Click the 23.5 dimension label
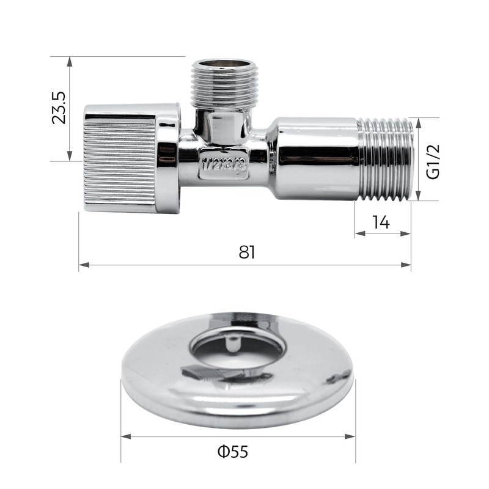coord(59,108)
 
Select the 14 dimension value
coord(381,221)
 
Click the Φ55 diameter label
coord(233,452)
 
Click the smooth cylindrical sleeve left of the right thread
coord(315,159)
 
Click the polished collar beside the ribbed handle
coord(169,158)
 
